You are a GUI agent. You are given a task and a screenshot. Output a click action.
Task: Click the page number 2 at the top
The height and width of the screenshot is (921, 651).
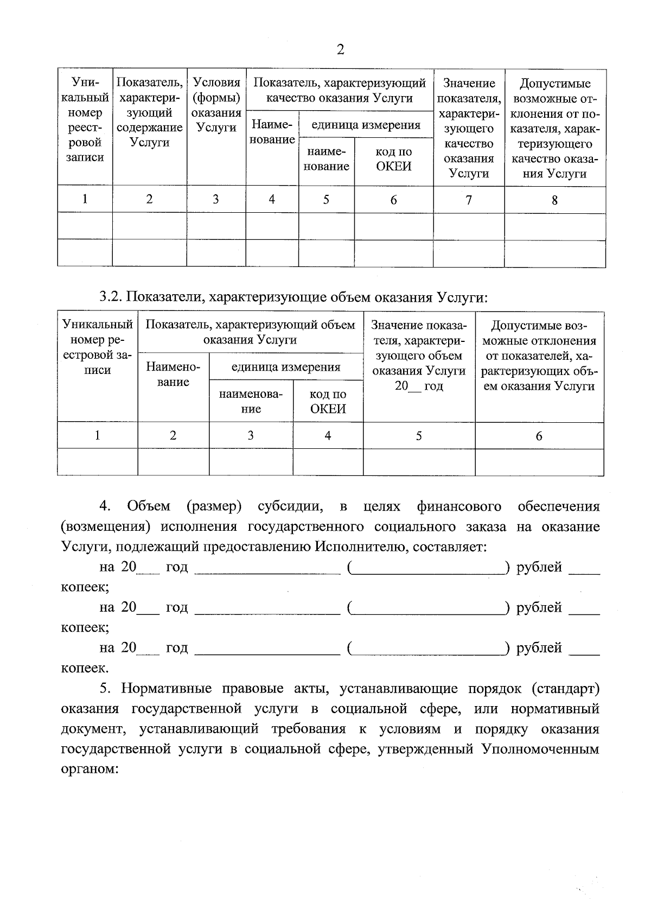[340, 50]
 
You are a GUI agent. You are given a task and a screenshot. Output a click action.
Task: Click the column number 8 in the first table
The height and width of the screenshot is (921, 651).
[554, 200]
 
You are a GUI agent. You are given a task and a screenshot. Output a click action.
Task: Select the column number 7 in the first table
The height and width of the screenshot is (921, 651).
[468, 200]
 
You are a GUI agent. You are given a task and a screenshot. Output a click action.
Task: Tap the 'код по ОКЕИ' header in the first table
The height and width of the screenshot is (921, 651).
[393, 160]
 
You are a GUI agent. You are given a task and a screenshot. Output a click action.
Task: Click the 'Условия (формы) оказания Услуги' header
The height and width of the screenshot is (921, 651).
[216, 105]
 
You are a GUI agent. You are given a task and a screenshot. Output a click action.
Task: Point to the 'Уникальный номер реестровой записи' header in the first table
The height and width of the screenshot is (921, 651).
[85, 120]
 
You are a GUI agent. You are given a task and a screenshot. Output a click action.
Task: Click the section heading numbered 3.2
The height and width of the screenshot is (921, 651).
[293, 297]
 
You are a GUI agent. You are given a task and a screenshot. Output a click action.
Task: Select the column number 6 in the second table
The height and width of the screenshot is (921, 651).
[539, 436]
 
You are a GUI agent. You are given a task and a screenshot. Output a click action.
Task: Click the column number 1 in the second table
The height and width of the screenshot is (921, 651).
[97, 435]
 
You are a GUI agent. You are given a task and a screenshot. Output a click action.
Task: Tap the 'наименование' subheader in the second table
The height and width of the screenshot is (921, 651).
[251, 402]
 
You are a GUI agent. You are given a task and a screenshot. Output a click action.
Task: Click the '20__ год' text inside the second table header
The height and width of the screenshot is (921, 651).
[418, 386]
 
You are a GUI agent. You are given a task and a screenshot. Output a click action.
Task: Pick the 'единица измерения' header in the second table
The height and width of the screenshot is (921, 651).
[286, 367]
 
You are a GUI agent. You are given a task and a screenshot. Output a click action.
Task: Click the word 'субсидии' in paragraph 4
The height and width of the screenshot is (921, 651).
[291, 506]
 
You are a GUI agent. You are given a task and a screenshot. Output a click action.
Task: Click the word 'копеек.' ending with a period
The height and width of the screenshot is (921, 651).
[85, 668]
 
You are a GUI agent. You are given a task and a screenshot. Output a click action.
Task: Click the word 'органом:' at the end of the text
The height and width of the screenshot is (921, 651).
[90, 769]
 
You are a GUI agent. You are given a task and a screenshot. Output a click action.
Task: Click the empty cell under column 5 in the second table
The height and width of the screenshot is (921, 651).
[418, 462]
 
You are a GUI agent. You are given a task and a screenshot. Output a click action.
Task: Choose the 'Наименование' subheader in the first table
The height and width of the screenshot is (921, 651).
[272, 132]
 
